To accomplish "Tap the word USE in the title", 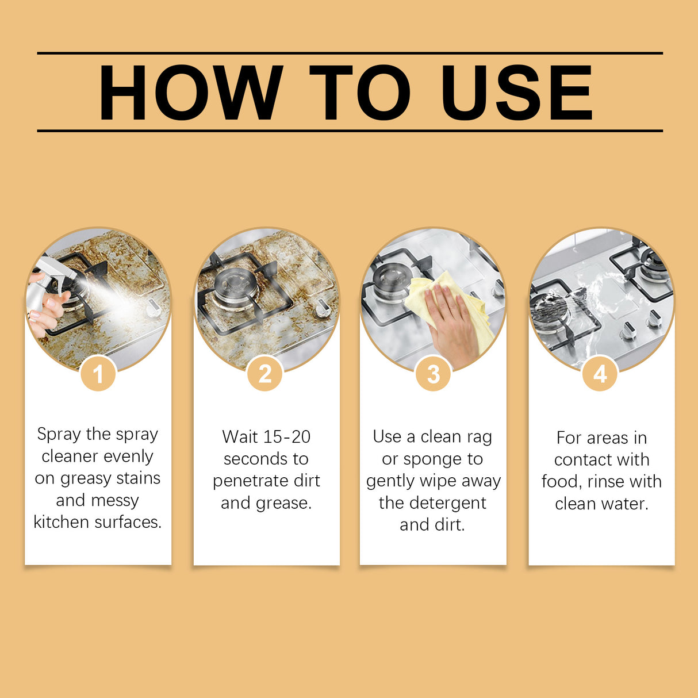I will tap(516, 93).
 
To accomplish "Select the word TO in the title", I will tap(359, 93).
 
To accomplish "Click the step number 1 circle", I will tap(98, 374).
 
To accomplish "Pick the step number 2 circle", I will tap(265, 374).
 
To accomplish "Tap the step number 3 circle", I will tap(433, 374).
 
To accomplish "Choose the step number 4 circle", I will tap(600, 374).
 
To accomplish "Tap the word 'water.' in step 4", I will tap(624, 504).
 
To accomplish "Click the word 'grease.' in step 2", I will tap(282, 503).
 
